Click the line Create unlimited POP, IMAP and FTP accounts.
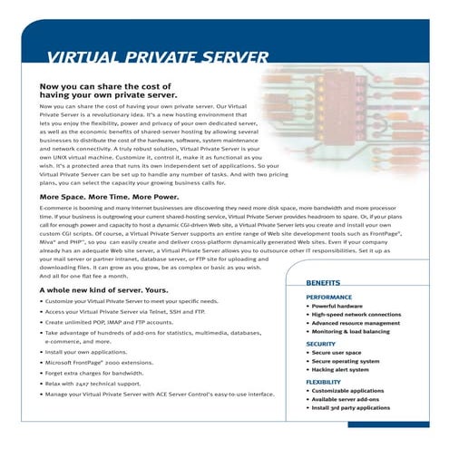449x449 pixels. coord(114,322)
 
